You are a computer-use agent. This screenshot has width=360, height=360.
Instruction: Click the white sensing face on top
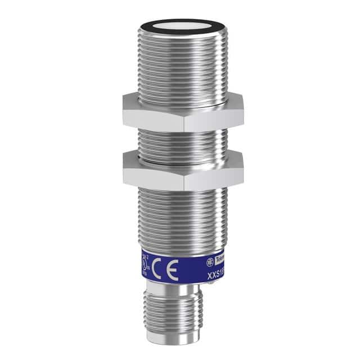click(181, 25)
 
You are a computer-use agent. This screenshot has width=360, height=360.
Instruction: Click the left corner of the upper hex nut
click(123, 111)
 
